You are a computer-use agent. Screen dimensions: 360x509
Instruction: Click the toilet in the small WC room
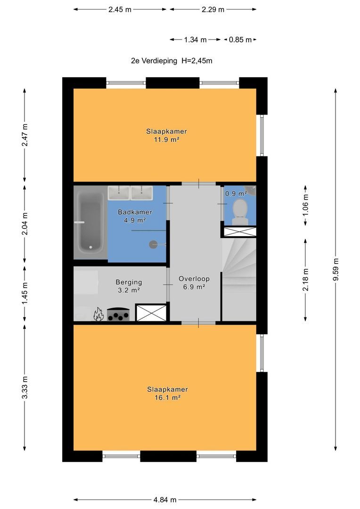click(x=240, y=212)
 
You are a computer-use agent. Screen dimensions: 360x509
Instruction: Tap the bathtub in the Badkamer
click(x=90, y=222)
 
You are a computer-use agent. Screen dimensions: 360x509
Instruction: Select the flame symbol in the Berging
click(x=98, y=314)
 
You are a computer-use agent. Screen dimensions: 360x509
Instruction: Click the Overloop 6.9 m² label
click(x=194, y=283)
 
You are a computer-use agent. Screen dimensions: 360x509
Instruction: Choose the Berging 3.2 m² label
click(x=129, y=287)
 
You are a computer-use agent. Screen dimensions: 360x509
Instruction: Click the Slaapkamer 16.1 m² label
click(x=167, y=394)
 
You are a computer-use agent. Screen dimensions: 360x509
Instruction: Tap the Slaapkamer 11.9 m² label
click(x=166, y=135)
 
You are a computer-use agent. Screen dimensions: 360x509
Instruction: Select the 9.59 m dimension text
click(x=335, y=270)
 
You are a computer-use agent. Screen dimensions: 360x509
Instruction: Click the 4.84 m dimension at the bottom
click(x=165, y=500)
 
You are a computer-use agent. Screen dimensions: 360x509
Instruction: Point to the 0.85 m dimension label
click(x=240, y=40)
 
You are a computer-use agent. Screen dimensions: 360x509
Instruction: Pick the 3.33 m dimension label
click(x=25, y=387)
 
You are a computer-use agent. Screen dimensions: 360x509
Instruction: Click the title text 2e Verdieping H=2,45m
click(x=172, y=61)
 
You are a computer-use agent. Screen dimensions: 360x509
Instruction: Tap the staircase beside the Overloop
click(x=239, y=279)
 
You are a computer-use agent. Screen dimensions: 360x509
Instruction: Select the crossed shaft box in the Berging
click(x=151, y=312)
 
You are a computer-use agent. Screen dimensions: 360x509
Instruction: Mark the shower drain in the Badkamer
click(x=153, y=245)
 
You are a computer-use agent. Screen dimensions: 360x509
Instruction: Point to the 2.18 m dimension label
click(x=305, y=280)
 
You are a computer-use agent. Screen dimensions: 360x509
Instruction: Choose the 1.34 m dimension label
click(x=196, y=40)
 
